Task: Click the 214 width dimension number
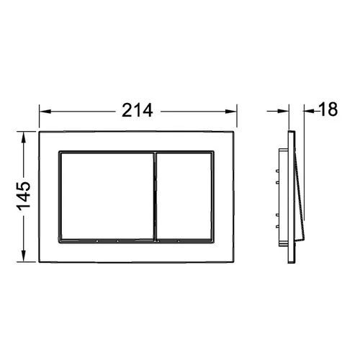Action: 137,110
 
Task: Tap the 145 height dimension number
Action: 24,197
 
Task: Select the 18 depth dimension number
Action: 328,109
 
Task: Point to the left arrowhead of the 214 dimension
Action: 45,112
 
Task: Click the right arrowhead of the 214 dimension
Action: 231,112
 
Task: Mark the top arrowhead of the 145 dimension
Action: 23,138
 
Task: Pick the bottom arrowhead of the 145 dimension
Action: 23,256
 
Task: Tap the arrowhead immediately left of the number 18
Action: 309,111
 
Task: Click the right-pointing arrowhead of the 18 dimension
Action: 283,111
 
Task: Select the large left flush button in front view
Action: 107,196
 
